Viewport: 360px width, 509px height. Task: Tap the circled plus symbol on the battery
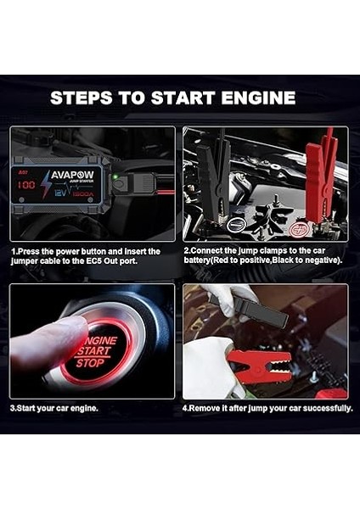click(297, 228)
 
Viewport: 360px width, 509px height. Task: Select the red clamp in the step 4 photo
click(260, 363)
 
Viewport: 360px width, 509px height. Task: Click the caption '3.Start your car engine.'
click(54, 409)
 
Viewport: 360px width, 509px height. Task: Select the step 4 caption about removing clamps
click(267, 409)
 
